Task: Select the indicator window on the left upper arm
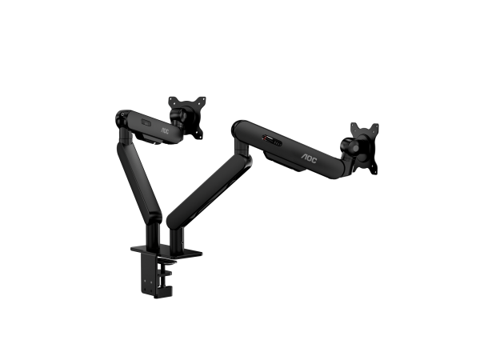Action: [145, 122]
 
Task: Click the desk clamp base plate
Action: [166, 251]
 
